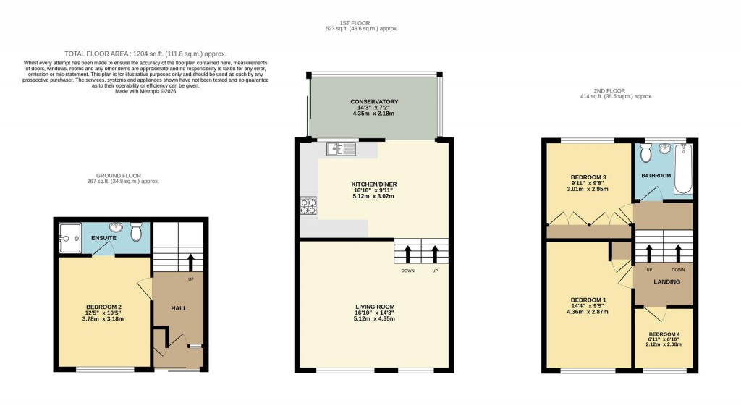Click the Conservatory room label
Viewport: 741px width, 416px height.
[x=373, y=102]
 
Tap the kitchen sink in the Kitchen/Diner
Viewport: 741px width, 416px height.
[x=339, y=150]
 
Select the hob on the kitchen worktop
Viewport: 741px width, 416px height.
[x=308, y=206]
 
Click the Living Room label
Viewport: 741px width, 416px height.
[x=374, y=307]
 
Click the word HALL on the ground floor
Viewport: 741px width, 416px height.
[x=179, y=308]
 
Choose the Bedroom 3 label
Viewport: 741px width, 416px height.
[x=588, y=177]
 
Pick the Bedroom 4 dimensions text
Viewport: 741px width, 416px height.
[x=664, y=344]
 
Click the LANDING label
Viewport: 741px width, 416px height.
[x=666, y=281]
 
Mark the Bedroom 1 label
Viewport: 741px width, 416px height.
[x=588, y=300]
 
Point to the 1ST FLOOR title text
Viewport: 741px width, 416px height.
[x=361, y=22]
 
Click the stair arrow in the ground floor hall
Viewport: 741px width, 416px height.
[x=192, y=260]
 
